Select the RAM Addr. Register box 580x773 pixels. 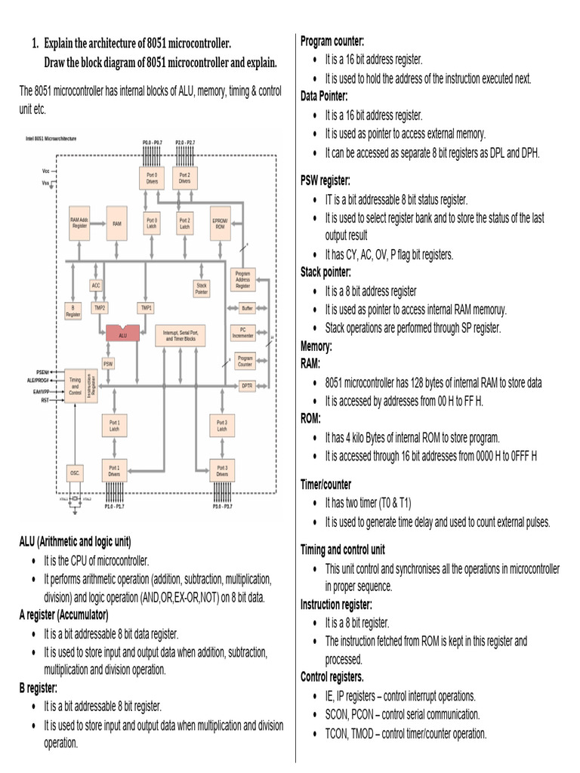click(79, 223)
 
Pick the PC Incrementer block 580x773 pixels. click(243, 332)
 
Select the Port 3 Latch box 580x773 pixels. click(221, 426)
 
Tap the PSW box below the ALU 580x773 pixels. click(109, 363)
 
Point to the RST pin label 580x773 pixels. click(45, 400)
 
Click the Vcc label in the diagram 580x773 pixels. click(46, 171)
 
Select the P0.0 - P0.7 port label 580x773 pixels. click(152, 143)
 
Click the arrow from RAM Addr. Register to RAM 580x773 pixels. click(98, 224)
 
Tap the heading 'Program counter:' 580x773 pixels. click(332, 41)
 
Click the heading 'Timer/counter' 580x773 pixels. click(325, 485)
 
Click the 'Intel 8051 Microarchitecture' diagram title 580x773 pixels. click(56, 138)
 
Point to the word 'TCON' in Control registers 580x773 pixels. click(337, 733)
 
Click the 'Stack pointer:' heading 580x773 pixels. click(325, 273)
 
